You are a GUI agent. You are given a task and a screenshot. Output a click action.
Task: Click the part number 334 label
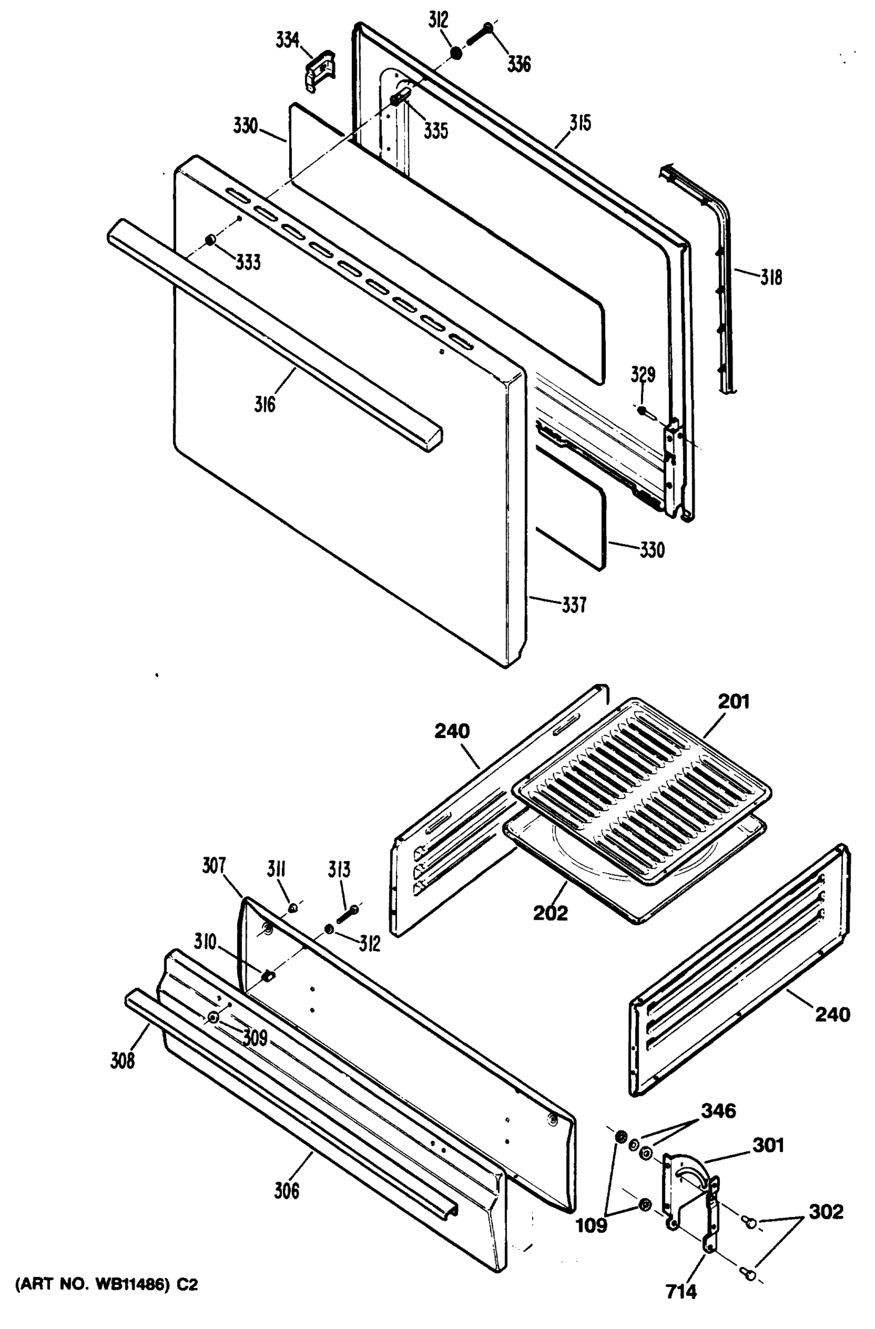click(x=287, y=41)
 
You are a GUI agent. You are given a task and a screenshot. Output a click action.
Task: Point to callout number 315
click(x=580, y=122)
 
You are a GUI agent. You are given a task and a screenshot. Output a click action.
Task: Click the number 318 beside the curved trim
click(x=770, y=277)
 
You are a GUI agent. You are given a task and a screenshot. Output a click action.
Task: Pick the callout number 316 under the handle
click(x=265, y=404)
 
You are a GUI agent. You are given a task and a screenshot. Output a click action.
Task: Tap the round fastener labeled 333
click(x=210, y=240)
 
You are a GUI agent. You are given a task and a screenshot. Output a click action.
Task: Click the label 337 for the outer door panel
click(x=574, y=604)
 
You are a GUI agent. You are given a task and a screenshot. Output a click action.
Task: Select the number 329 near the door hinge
click(x=642, y=374)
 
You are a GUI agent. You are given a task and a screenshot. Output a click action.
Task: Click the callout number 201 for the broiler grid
click(x=734, y=702)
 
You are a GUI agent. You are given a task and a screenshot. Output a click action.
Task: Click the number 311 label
click(x=276, y=869)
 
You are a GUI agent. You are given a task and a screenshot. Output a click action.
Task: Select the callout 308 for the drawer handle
click(x=122, y=1060)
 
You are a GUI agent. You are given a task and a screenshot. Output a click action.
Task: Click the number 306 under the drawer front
click(x=286, y=1191)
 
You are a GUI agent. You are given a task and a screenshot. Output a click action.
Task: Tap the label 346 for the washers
click(x=719, y=1111)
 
